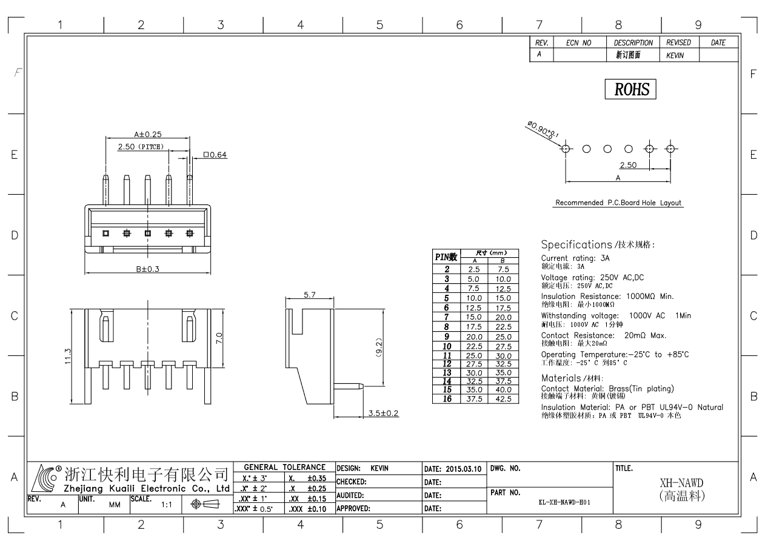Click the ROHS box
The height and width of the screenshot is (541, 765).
tap(630, 89)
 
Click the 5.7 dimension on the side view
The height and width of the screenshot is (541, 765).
tap(309, 295)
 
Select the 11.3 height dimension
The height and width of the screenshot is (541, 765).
tap(68, 356)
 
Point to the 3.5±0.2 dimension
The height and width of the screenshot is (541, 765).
tap(383, 413)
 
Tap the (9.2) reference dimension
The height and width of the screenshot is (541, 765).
tap(379, 348)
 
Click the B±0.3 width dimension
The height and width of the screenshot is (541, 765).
tap(147, 269)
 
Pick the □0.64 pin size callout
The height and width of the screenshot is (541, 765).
tap(215, 155)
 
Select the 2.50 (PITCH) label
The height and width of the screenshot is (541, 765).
tap(141, 147)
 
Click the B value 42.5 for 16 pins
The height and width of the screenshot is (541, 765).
tap(503, 399)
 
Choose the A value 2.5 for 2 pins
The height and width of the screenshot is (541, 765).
tap(473, 269)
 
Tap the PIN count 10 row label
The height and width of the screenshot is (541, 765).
tap(447, 346)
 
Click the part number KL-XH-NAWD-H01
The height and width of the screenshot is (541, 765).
tap(564, 502)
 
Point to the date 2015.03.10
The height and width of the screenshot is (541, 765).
tap(464, 469)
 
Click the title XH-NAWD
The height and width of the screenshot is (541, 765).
tap(681, 483)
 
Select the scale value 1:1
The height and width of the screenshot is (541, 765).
tap(167, 505)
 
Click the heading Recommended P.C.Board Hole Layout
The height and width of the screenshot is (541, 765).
tap(618, 203)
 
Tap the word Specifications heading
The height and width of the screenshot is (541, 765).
tap(576, 244)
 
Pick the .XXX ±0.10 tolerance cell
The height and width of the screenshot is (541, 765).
tap(307, 509)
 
